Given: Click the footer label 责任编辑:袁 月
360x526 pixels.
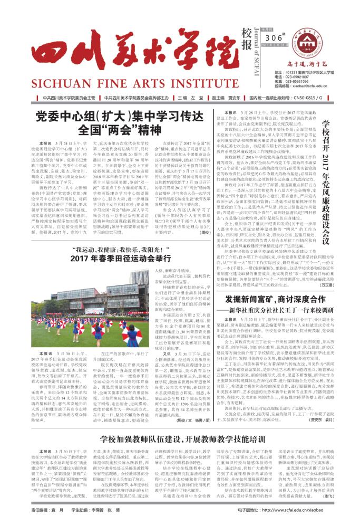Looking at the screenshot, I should point(44,510).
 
